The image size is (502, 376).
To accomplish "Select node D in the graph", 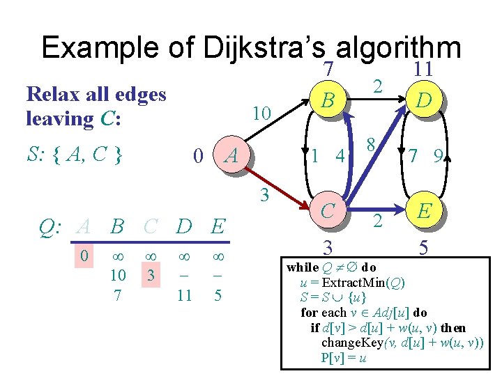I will (422, 102).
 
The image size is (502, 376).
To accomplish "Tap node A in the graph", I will (231, 157).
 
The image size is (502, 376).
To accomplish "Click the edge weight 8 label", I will (372, 145).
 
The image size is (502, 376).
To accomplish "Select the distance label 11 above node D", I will (423, 69).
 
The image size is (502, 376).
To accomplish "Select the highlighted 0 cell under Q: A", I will (84, 256).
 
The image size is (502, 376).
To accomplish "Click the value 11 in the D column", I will (185, 295).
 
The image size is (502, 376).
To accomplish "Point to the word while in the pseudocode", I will (303, 267).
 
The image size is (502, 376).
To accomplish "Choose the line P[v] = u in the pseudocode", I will (343, 358).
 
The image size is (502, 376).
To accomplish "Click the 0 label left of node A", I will (199, 157).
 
